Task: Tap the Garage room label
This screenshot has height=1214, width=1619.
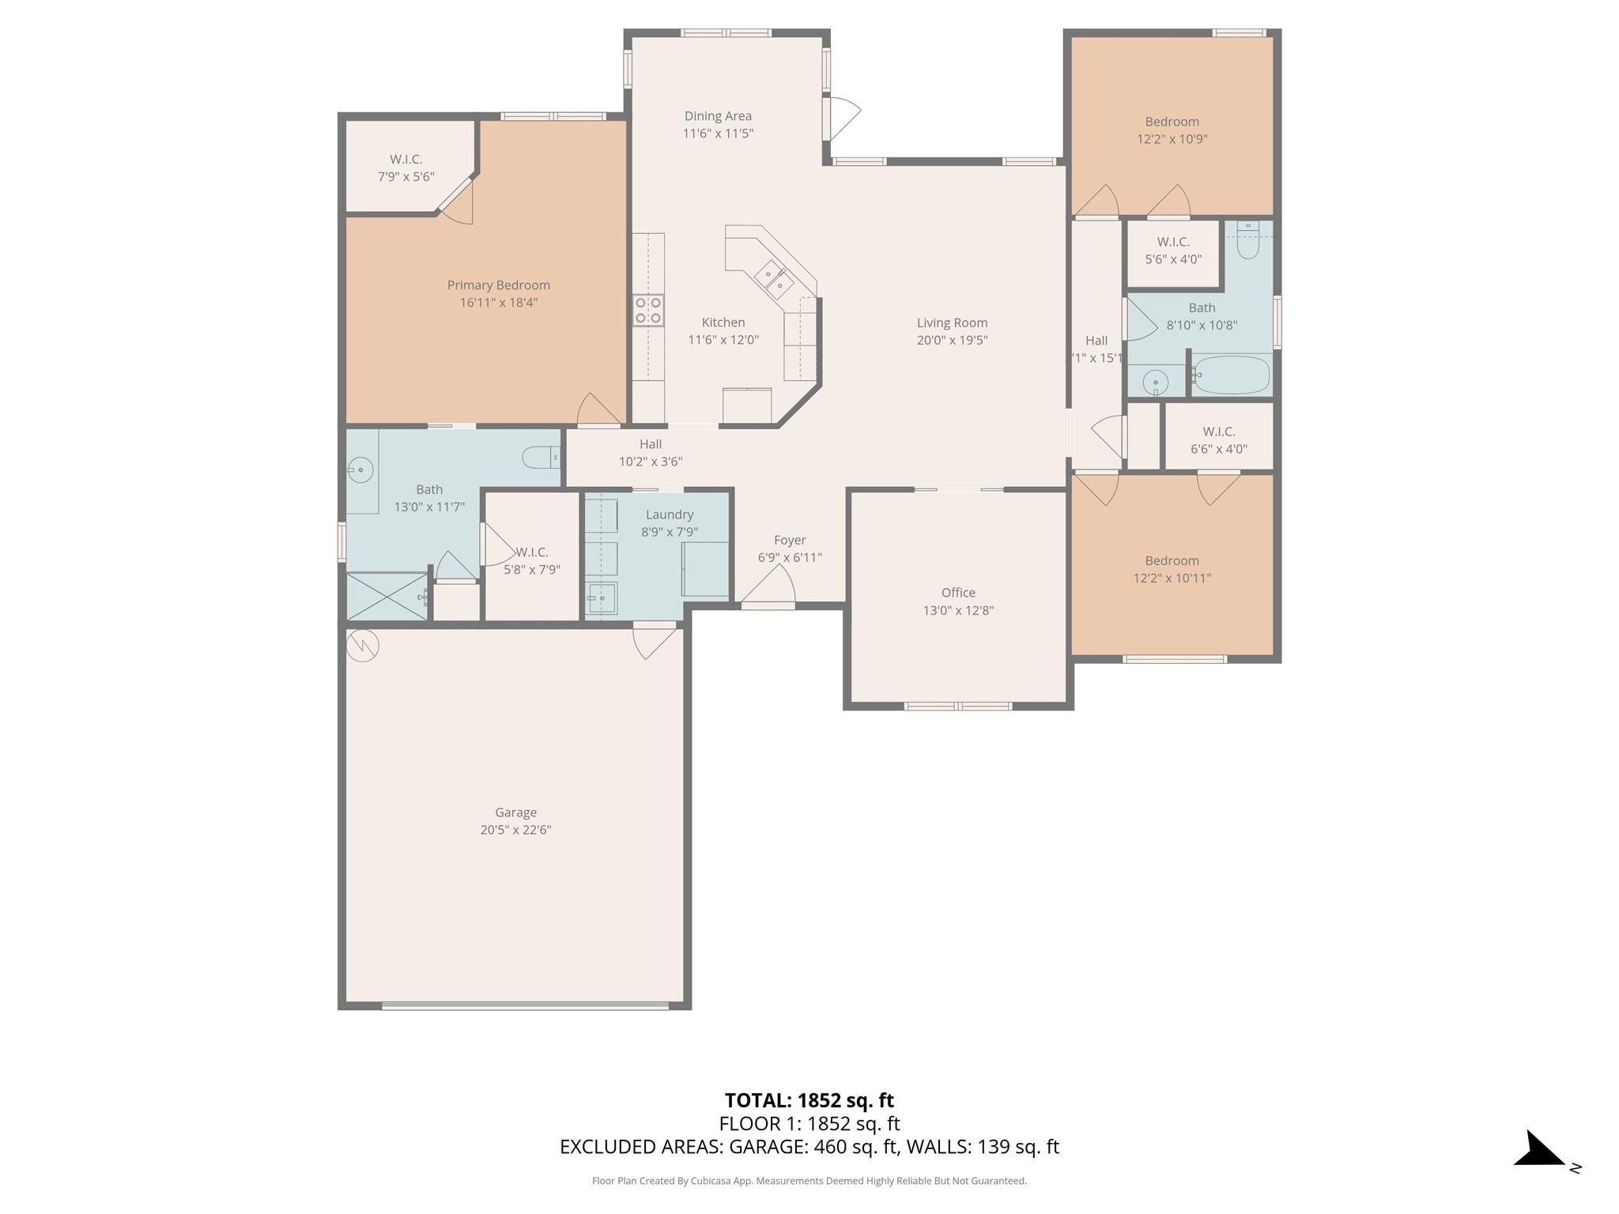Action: (515, 812)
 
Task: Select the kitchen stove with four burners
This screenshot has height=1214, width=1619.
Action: (648, 309)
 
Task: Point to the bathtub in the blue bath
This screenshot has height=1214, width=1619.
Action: (1231, 375)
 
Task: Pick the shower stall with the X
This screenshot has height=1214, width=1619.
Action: (387, 597)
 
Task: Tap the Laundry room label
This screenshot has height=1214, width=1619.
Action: (670, 515)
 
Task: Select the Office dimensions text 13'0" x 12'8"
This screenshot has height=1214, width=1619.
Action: (958, 610)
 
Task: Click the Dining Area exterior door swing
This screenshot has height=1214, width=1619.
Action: (841, 119)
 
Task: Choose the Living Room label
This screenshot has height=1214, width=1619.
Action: (952, 322)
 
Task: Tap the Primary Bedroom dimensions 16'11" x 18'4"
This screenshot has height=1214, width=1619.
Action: (498, 303)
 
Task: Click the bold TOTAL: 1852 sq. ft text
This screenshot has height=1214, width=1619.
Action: (809, 1100)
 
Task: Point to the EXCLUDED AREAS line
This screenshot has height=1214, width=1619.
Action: (809, 1147)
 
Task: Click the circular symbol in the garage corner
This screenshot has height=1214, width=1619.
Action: (363, 646)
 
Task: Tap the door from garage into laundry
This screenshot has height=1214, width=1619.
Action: (655, 640)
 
